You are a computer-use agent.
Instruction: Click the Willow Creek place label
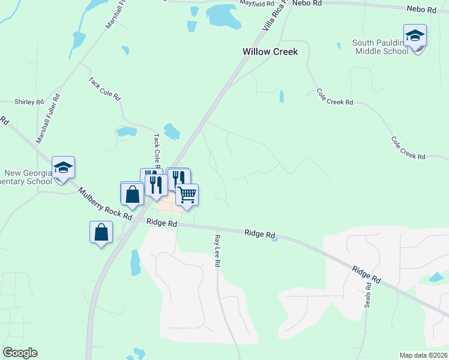point(270,52)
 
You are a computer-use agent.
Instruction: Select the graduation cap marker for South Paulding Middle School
point(415,36)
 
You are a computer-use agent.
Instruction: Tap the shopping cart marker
point(187,195)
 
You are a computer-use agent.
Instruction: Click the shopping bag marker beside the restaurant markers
point(131,194)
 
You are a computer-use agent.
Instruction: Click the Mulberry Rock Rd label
point(105,204)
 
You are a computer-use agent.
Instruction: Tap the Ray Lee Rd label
point(217,251)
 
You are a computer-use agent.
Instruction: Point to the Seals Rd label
point(368,294)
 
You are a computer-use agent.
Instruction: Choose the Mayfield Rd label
point(256,4)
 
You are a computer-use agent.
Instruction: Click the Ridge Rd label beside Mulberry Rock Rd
point(163,223)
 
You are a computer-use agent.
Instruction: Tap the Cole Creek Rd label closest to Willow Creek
point(334,97)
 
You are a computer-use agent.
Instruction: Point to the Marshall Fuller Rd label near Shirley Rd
point(49,118)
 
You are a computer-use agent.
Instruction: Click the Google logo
point(20,353)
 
